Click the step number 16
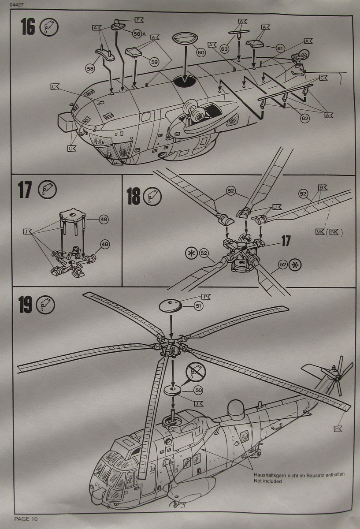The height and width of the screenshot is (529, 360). [x=27, y=27]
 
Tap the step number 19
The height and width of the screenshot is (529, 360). [x=25, y=305]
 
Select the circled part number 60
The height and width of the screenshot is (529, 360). [x=201, y=52]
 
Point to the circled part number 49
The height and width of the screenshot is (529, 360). [x=104, y=219]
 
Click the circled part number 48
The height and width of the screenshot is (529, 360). [x=105, y=244]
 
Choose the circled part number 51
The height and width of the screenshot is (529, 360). [x=199, y=306]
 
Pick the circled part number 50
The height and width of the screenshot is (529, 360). [x=198, y=390]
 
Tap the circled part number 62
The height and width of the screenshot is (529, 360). [x=304, y=118]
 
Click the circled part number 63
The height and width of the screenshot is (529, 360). [x=224, y=49]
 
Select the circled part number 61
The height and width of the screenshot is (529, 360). [x=281, y=48]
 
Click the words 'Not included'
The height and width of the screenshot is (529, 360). [x=267, y=481]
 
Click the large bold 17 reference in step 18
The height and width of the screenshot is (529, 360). [x=286, y=241]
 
